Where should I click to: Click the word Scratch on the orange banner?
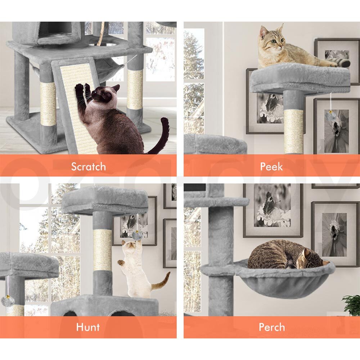(x=89, y=166)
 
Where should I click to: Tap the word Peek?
(x=271, y=166)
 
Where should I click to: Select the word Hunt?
(x=88, y=327)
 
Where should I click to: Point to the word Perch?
(x=272, y=327)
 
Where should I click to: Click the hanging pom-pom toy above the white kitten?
(x=137, y=235)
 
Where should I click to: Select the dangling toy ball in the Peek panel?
(x=330, y=115)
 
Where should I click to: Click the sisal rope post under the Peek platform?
(x=293, y=131)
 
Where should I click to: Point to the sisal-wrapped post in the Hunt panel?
(x=102, y=250)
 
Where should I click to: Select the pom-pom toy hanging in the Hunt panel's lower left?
(x=8, y=301)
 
